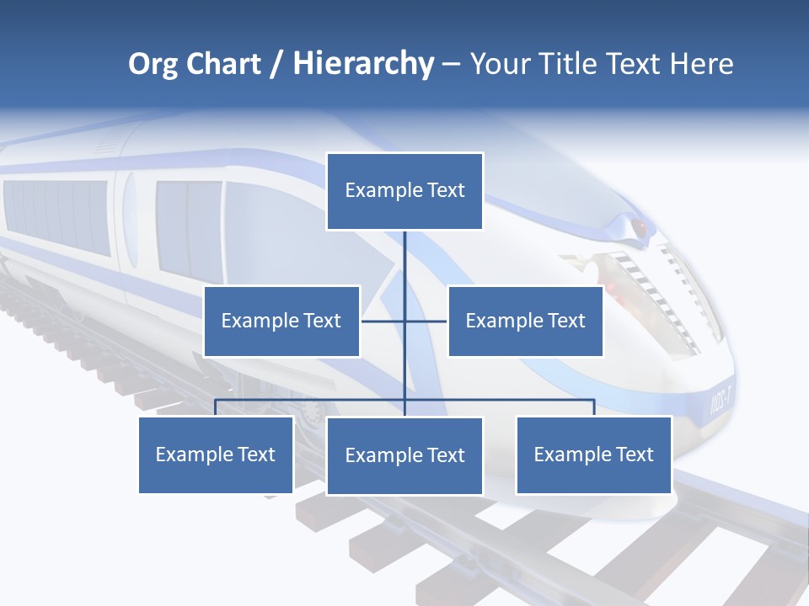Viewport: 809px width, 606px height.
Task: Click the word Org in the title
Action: point(153,64)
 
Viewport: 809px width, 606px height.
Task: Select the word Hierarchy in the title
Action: point(363,64)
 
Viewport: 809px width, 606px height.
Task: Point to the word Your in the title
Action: point(500,64)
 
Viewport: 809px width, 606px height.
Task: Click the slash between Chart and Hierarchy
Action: point(276,64)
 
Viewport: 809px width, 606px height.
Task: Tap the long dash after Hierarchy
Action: point(451,65)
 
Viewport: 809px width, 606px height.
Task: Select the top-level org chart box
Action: point(404,191)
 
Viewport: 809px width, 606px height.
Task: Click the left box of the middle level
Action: point(281,321)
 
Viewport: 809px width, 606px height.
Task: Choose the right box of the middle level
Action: point(525,321)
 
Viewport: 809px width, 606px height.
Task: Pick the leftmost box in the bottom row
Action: point(216,454)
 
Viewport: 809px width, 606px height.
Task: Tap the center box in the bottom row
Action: point(404,455)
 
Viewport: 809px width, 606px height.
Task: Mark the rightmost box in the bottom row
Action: point(593,454)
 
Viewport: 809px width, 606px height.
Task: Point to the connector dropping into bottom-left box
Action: point(216,407)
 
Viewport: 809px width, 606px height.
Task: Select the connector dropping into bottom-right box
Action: point(594,407)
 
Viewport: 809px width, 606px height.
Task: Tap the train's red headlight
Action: point(640,226)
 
